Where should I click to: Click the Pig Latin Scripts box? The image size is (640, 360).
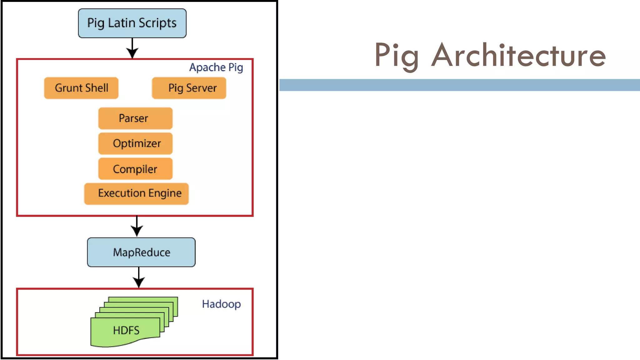[132, 23]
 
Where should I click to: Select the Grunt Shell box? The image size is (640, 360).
[81, 88]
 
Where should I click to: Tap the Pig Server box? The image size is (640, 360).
[189, 88]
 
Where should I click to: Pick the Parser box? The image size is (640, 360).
[135, 118]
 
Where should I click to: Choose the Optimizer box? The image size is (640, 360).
[135, 143]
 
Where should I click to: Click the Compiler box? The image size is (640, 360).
[135, 169]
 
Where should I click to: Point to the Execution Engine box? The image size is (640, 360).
[137, 194]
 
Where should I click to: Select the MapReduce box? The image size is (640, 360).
[141, 252]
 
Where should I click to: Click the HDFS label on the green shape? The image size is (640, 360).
[126, 330]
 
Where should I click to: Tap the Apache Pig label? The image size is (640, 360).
[216, 67]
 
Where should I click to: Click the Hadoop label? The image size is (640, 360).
[221, 304]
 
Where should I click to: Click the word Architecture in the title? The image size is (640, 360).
[518, 56]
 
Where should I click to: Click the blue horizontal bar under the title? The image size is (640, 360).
[459, 85]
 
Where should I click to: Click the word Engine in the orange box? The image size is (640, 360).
[165, 194]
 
